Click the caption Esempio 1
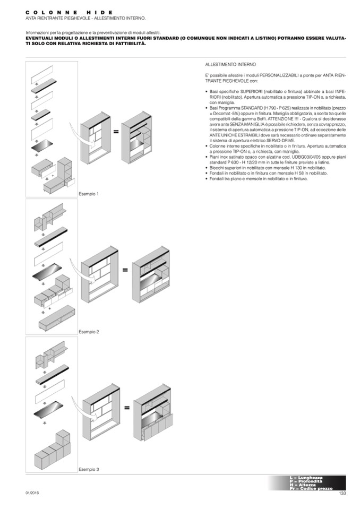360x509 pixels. pos(89,194)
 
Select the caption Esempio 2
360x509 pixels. pos(89,332)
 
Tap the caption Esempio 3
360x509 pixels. pos(89,470)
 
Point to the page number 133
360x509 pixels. pos(342,494)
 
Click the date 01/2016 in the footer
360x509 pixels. pos(32,493)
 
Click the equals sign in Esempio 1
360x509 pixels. pos(116,132)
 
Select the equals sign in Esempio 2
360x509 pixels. pos(125,270)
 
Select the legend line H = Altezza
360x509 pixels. pos(306,485)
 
